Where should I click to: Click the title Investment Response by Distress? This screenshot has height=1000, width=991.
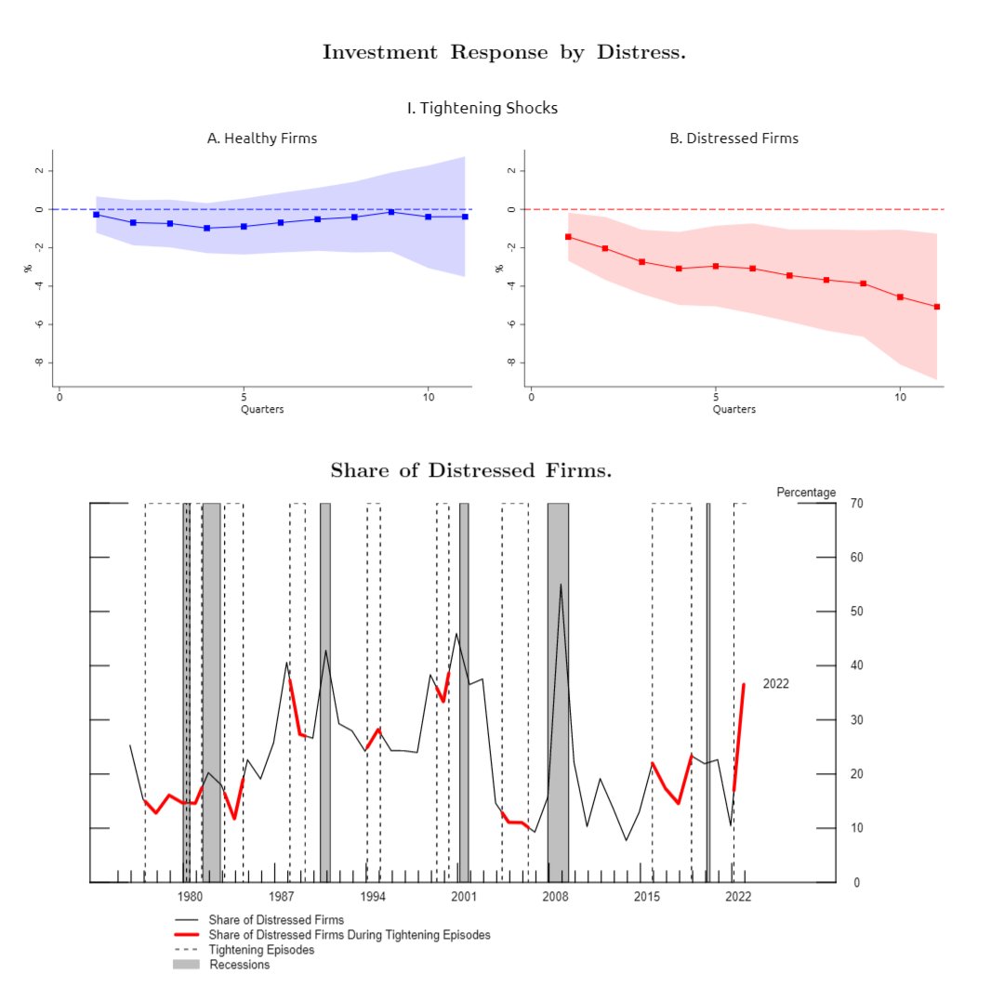pos(504,52)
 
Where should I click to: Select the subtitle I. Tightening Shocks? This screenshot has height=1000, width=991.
pos(482,108)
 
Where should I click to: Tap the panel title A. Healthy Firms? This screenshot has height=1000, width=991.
pos(261,138)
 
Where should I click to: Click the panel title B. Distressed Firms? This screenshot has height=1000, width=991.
pos(733,138)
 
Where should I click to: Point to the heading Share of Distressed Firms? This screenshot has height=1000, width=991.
pos(470,470)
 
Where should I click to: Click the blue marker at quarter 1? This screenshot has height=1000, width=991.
pos(97,215)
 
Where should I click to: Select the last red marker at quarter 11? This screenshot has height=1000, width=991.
pos(936,307)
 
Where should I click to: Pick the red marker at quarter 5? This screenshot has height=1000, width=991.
pos(716,266)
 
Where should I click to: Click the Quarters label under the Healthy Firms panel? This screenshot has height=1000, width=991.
pos(262,409)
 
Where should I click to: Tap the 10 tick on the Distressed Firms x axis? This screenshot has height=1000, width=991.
pos(900,397)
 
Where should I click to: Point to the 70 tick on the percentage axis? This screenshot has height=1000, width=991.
pos(856,504)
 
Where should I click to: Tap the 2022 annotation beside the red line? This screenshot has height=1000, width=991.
pos(775,684)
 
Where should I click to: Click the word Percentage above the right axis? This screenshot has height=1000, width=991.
pos(806,493)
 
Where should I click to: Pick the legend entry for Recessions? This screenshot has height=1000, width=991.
pos(239,965)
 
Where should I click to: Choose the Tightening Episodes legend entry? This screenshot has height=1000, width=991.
pos(261,950)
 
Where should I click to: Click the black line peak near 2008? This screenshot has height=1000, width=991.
pos(561,585)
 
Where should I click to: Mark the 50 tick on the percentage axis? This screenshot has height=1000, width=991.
pos(856,612)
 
